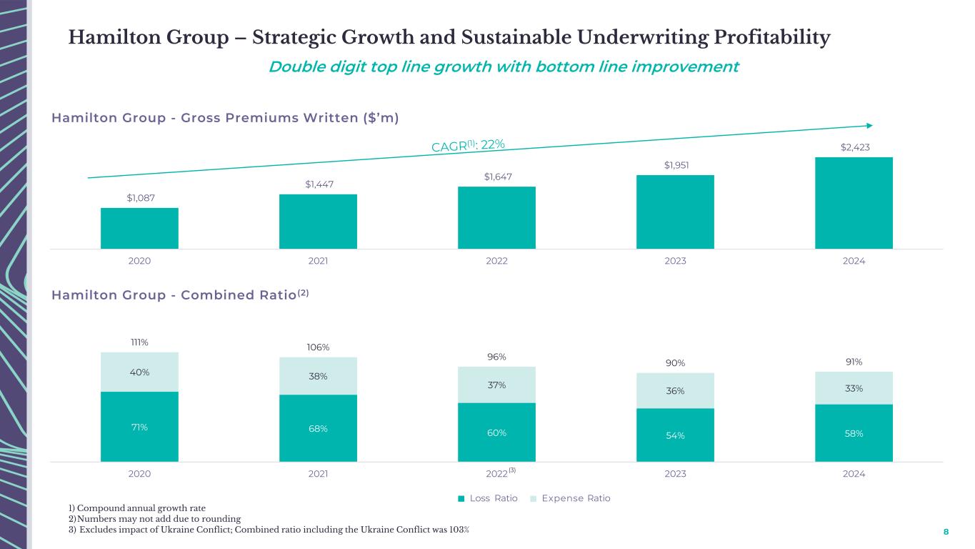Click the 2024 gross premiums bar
[x=854, y=203]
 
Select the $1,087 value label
[x=139, y=198]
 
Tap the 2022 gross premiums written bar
[x=496, y=217]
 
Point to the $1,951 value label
[x=676, y=166]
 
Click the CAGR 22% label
[x=469, y=146]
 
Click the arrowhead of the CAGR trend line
[x=869, y=125]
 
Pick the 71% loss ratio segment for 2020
[x=139, y=427]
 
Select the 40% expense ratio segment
[x=139, y=372]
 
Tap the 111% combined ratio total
[x=139, y=342]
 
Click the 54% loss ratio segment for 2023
[x=676, y=435]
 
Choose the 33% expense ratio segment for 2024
[x=854, y=388]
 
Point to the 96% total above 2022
[x=496, y=357]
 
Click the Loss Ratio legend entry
[x=489, y=498]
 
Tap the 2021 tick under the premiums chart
[x=318, y=262]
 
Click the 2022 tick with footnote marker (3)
[x=499, y=474]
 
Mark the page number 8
[x=946, y=533]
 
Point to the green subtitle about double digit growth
[x=504, y=66]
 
